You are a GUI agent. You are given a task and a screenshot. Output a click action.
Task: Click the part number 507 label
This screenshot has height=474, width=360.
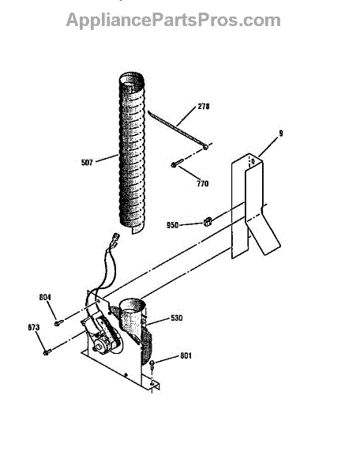[x=87, y=163]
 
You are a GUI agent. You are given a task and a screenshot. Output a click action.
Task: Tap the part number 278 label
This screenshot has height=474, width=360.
[x=204, y=107]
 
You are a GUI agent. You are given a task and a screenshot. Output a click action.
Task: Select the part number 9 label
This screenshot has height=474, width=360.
[x=281, y=134]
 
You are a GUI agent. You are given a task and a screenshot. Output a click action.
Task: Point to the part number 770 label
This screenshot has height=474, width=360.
[x=203, y=183]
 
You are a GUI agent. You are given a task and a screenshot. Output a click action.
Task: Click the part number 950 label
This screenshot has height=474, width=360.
[x=172, y=225]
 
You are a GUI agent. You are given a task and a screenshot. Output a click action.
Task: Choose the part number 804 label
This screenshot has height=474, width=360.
[x=45, y=298]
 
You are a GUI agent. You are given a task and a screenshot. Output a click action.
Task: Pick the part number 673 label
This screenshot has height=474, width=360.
[x=33, y=327]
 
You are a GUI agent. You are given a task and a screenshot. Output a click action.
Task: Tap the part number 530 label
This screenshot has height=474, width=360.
[x=177, y=318]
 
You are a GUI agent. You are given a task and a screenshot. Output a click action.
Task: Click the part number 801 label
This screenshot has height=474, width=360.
[x=186, y=355]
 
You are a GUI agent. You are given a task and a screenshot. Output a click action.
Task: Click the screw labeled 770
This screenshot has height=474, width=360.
[x=177, y=164]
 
